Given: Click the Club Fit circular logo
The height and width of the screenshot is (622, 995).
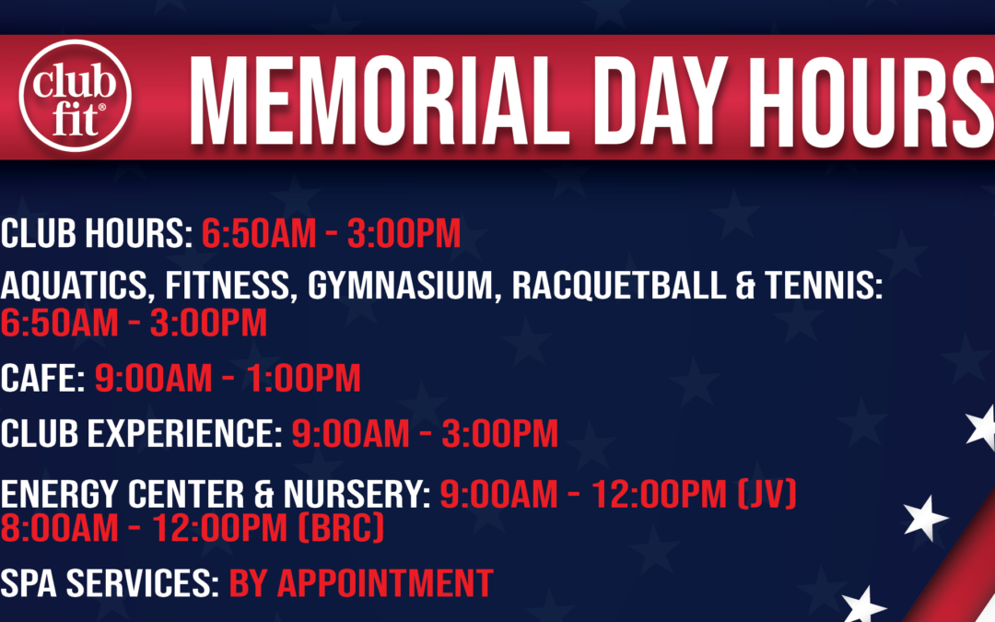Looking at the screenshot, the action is [75, 96].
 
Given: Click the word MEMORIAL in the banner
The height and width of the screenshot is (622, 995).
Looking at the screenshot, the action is [379, 101].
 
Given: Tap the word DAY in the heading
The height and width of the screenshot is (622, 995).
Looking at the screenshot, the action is [660, 101].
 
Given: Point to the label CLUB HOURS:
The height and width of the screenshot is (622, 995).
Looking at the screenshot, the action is [97, 233].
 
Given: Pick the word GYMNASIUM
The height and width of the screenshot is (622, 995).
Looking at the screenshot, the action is [400, 285].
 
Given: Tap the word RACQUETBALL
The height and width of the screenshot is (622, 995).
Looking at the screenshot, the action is [619, 285].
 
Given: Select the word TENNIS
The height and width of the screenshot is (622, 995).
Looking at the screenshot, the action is [823, 285].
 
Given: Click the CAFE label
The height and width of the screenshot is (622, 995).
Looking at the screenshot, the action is [42, 379].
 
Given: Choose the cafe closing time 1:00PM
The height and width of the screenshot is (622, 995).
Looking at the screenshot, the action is [303, 379].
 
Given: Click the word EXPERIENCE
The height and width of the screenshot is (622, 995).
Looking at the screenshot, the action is [184, 433].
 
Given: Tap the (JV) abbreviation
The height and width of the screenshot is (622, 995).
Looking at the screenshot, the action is [767, 495].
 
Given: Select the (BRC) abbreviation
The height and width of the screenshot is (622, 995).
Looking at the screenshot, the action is [342, 527].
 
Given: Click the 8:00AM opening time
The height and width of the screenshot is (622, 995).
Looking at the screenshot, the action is [59, 528].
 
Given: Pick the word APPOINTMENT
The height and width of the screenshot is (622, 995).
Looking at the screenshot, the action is [385, 582].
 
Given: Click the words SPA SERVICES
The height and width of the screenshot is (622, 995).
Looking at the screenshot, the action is [109, 582].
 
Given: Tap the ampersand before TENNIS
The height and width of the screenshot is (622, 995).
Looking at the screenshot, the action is [745, 285].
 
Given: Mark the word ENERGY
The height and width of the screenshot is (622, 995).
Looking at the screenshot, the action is [61, 495].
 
